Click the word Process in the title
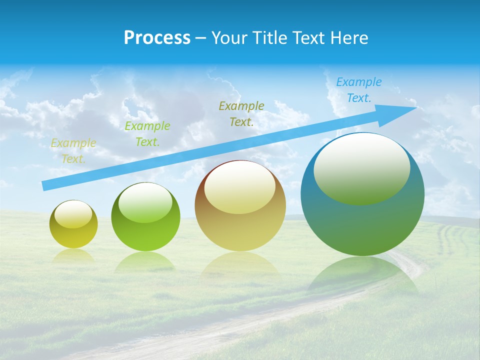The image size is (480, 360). pos(157,38)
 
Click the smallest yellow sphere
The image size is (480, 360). pos(73,224)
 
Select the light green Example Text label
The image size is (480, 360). pos(147,134)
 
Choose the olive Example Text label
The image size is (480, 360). pos(241,114)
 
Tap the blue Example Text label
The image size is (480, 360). pos(359,90)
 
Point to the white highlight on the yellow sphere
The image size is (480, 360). pos(73,214)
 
